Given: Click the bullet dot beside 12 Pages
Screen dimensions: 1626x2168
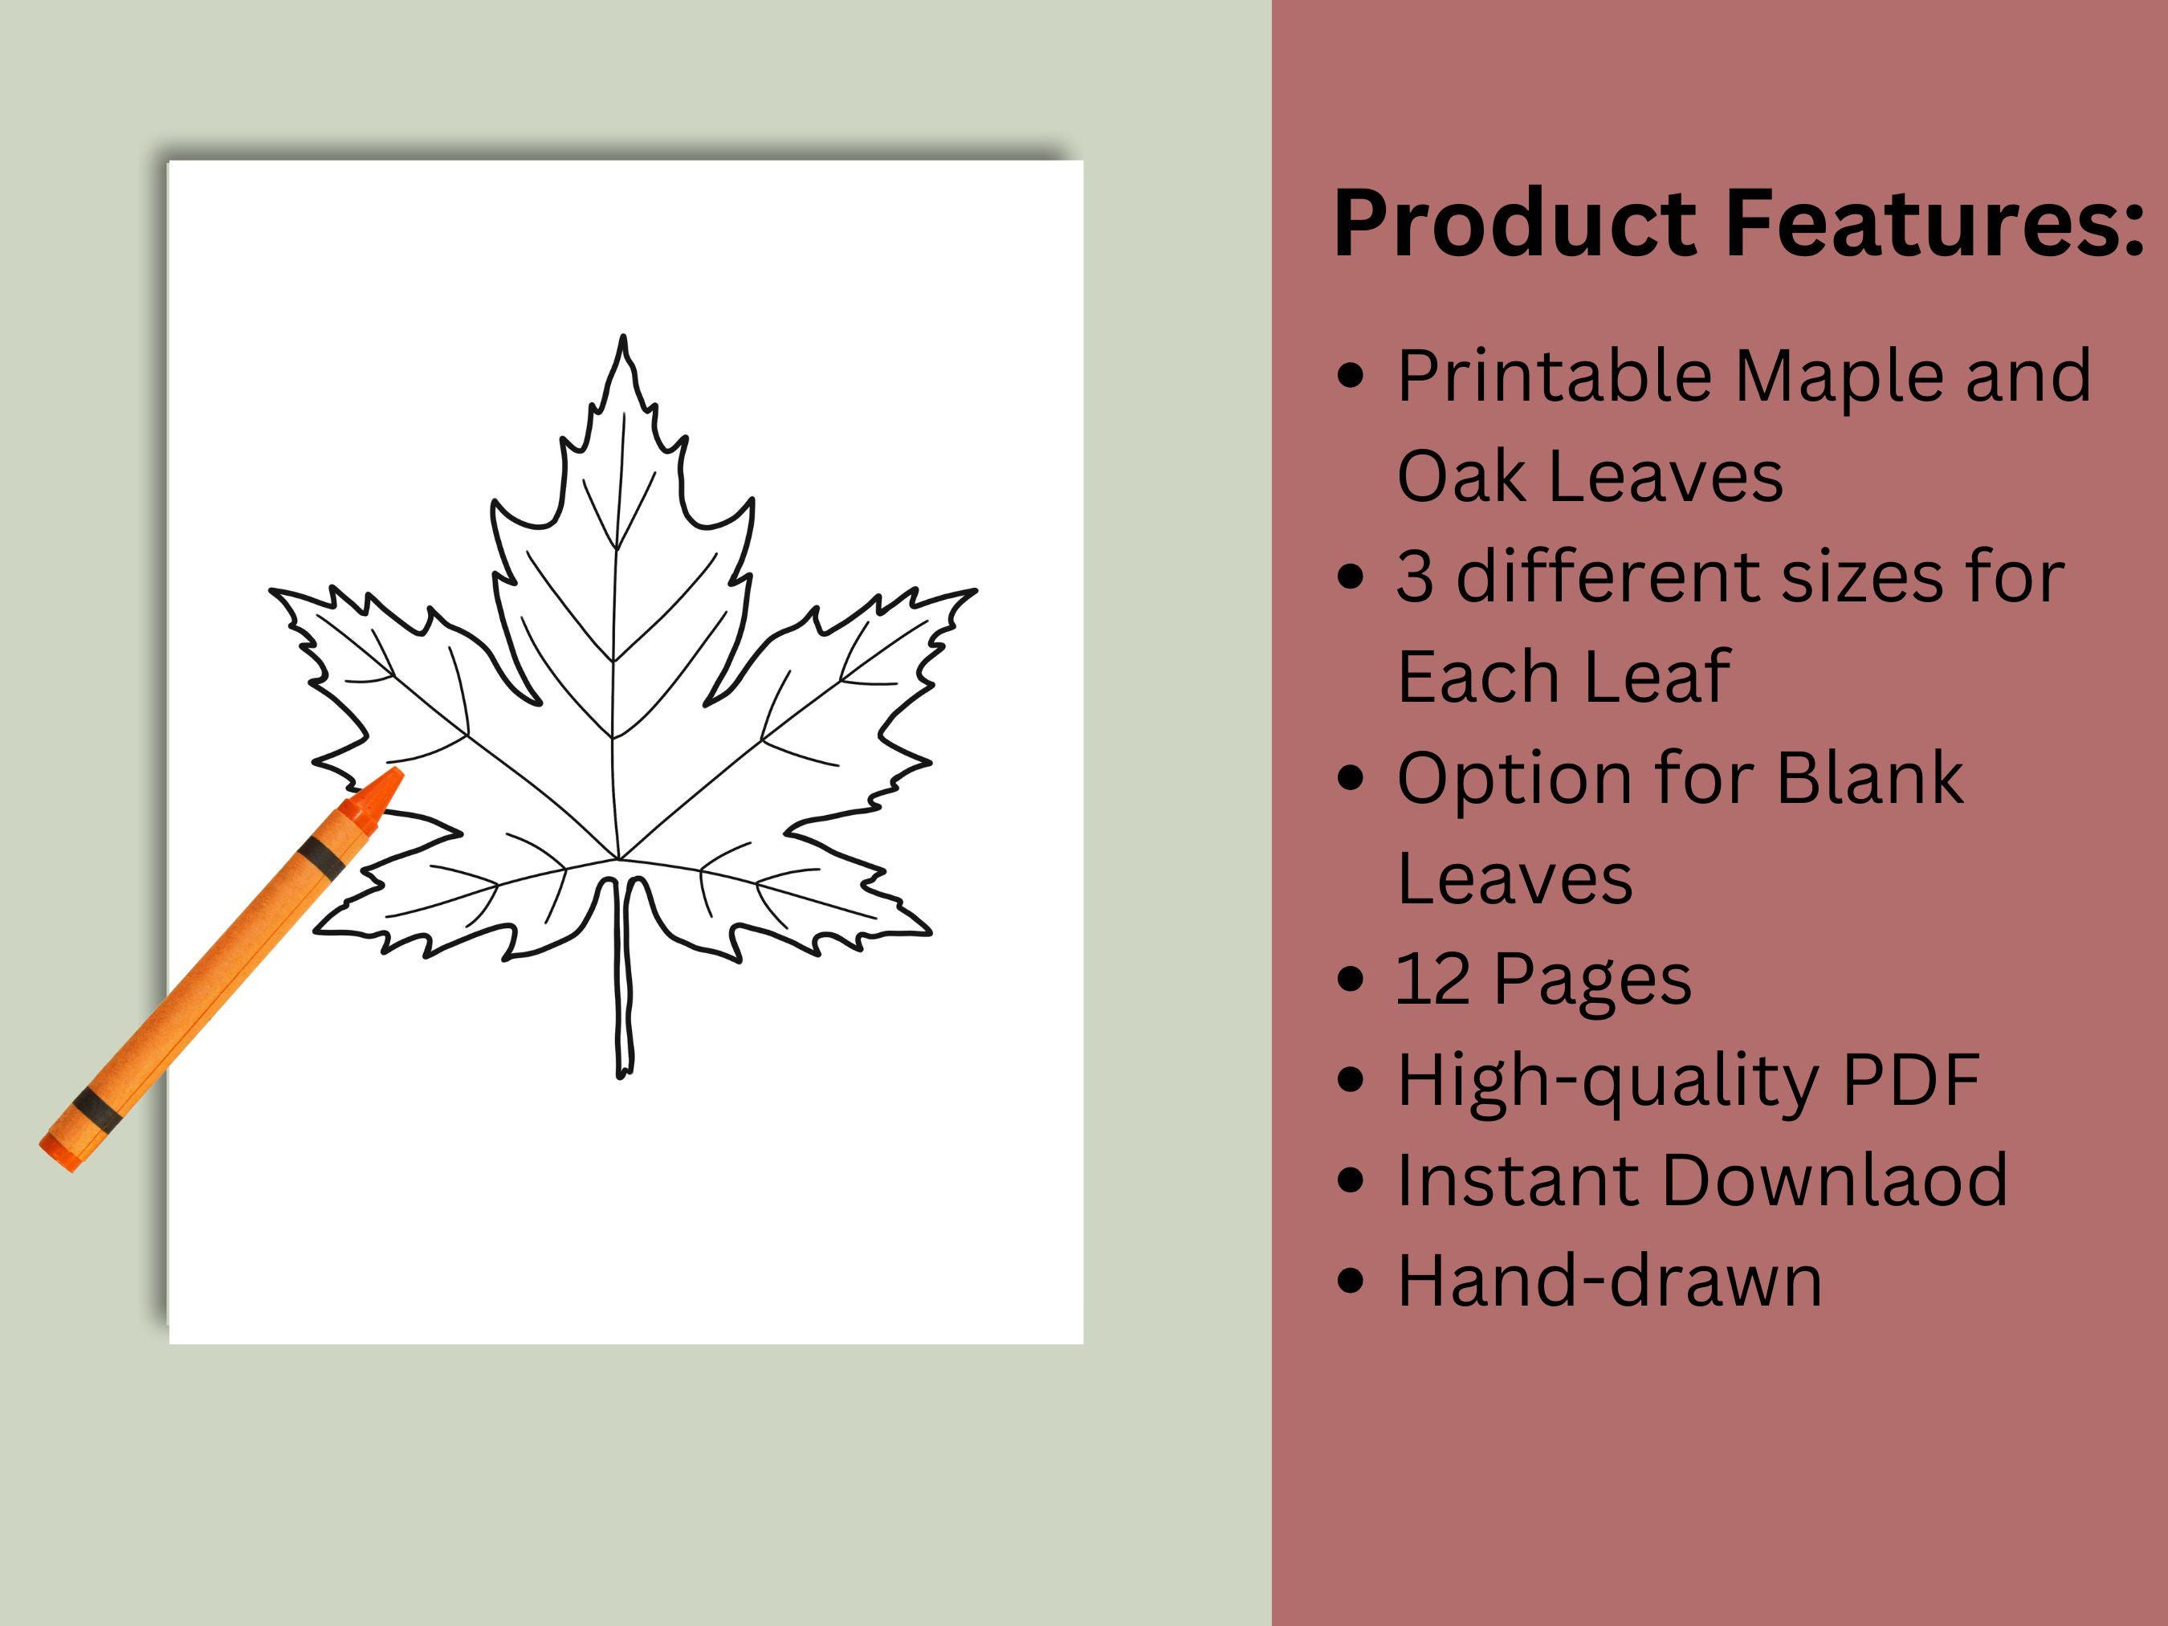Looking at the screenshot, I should tap(1351, 978).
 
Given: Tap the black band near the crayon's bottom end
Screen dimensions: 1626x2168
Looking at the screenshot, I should tap(97, 1106).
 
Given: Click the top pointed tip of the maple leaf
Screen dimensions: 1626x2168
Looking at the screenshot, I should tap(623, 339).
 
